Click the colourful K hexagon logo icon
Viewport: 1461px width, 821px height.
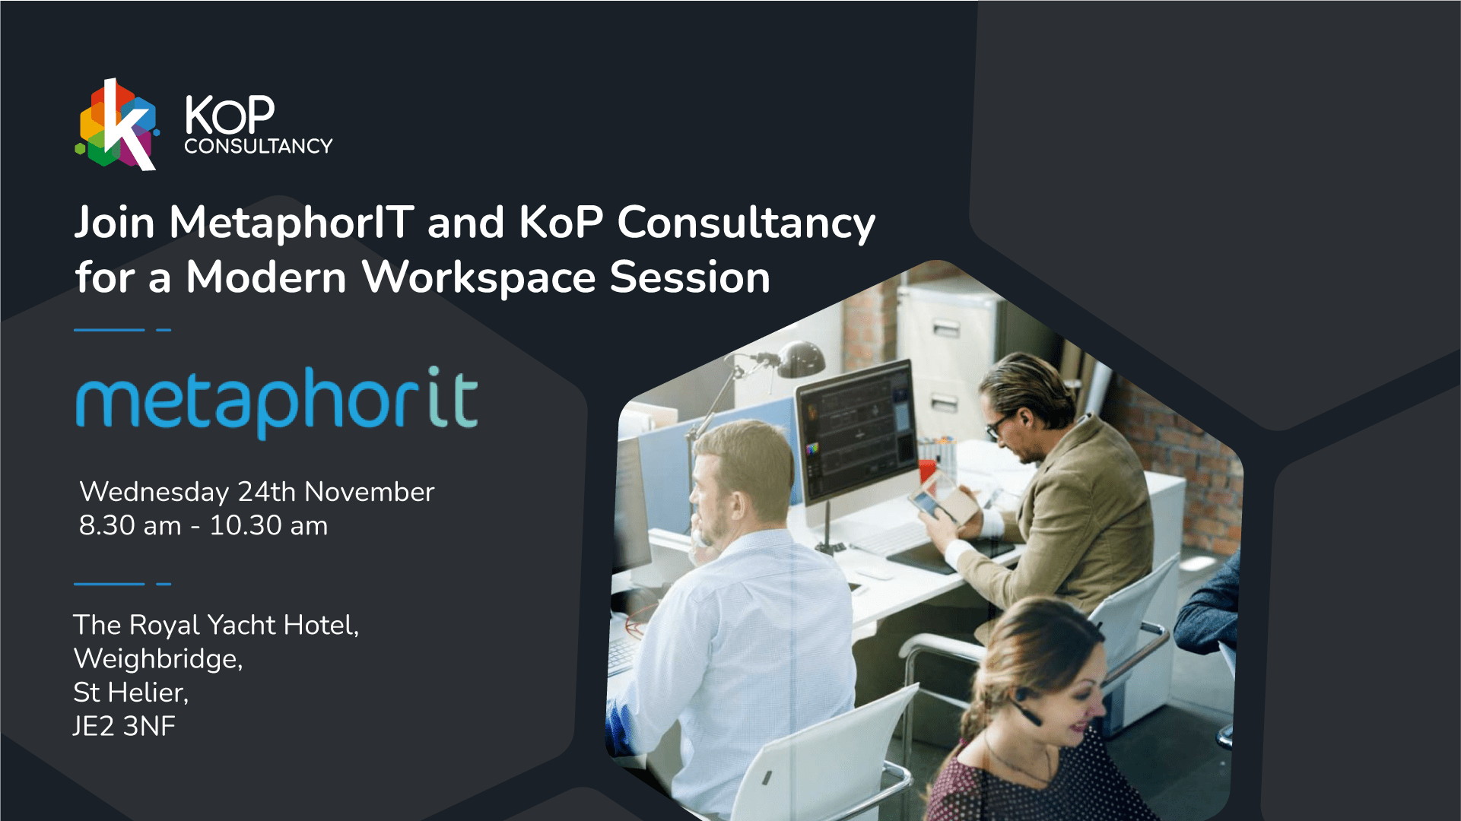point(117,124)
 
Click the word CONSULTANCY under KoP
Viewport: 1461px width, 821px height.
point(259,146)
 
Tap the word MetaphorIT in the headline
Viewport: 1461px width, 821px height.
point(292,223)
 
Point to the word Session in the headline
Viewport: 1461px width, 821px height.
point(690,277)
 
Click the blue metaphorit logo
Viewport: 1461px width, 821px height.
point(277,402)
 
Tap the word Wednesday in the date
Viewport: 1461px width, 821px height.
point(154,493)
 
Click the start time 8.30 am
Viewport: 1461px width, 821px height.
point(130,525)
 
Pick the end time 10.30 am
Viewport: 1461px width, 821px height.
point(268,525)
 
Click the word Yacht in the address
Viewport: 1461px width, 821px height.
point(241,625)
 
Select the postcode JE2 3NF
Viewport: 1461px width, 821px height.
point(124,726)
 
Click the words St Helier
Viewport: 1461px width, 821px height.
point(131,693)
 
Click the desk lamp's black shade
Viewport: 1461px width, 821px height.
point(802,359)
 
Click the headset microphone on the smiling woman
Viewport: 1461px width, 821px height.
point(1026,713)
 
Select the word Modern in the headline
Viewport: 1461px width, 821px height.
point(266,277)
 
